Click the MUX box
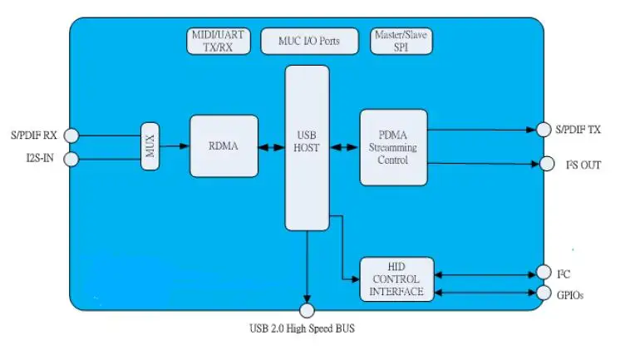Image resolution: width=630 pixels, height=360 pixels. [150, 146]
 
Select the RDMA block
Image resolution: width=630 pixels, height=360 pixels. [224, 146]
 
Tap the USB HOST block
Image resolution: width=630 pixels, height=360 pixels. [307, 147]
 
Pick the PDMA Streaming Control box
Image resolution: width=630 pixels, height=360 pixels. [393, 147]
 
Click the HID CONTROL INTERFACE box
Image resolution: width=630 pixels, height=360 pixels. [396, 279]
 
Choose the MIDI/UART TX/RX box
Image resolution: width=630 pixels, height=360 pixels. [217, 42]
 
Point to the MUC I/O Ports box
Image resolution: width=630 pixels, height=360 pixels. [310, 40]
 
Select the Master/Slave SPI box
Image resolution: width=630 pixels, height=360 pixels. [401, 42]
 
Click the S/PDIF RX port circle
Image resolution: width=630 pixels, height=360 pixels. [71, 135]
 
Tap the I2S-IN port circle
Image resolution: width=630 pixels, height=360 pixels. [71, 159]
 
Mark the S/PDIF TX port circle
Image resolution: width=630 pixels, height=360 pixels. [544, 129]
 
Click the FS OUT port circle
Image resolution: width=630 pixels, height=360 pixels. [546, 164]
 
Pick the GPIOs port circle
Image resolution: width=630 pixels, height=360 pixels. [544, 293]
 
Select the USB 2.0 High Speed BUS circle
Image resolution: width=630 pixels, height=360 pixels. [307, 310]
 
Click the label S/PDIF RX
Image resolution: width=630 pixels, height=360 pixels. [34, 135]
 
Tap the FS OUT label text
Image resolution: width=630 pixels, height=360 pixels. [583, 165]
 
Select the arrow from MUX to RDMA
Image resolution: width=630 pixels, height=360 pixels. [175, 147]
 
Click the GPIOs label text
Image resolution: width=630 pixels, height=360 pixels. [573, 294]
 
